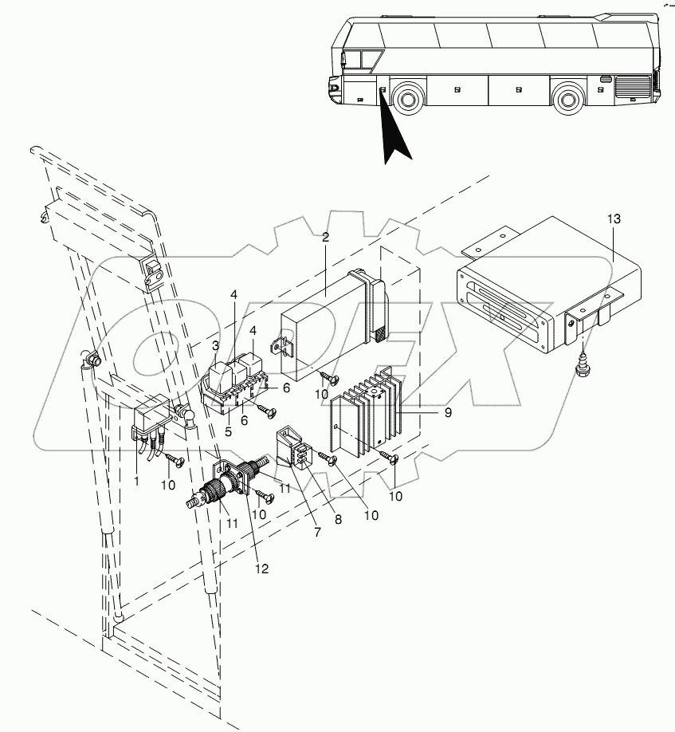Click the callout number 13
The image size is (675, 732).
click(612, 218)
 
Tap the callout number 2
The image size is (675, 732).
click(326, 237)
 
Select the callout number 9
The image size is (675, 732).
click(448, 412)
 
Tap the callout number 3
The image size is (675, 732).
click(214, 344)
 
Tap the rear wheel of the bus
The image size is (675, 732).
click(567, 100)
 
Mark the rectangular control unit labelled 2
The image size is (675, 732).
click(323, 315)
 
